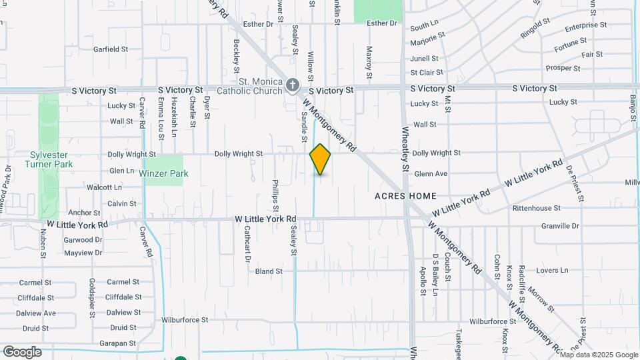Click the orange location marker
click(x=320, y=159)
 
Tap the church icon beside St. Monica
click(x=292, y=85)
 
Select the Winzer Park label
click(x=164, y=173)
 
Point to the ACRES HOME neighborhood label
click(x=405, y=196)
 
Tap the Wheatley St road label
click(x=404, y=149)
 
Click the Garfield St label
click(x=111, y=49)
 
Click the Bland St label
click(x=269, y=271)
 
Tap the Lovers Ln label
click(x=552, y=271)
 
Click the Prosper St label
click(x=563, y=68)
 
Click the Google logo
click(x=22, y=351)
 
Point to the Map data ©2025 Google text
click(x=598, y=355)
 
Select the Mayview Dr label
click(x=83, y=253)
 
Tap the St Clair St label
click(x=427, y=73)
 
